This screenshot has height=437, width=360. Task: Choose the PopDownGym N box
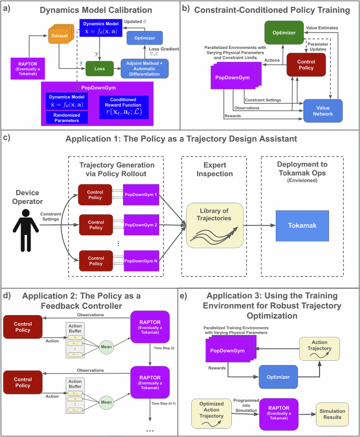click(x=145, y=260)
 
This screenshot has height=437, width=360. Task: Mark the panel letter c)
click(x=6, y=139)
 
